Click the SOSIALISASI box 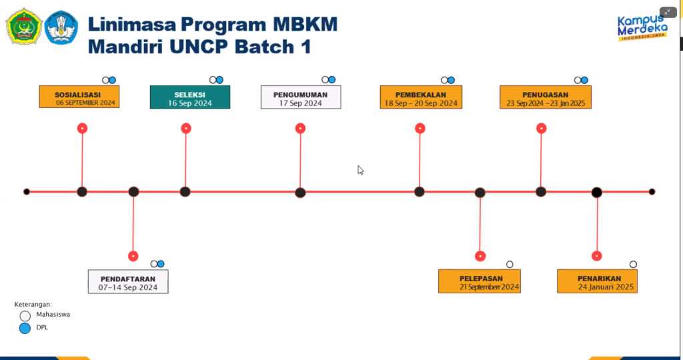pos(79,97)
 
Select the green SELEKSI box pos(190,97)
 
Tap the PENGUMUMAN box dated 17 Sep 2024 pos(301,97)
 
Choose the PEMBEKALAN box pos(422,97)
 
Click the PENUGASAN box pos(546,97)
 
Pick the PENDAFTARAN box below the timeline pos(128,281)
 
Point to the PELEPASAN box pos(479,281)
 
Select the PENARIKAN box pos(597,281)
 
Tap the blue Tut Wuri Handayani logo pos(61,27)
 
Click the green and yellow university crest pos(25,27)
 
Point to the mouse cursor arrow pos(360,170)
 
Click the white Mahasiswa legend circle pos(25,315)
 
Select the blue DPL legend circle pos(25,328)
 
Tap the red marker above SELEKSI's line pos(186,129)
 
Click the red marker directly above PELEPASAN pos(480,256)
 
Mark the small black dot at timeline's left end pos(27,191)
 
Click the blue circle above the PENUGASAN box pos(584,80)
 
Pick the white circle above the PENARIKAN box pos(634,264)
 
